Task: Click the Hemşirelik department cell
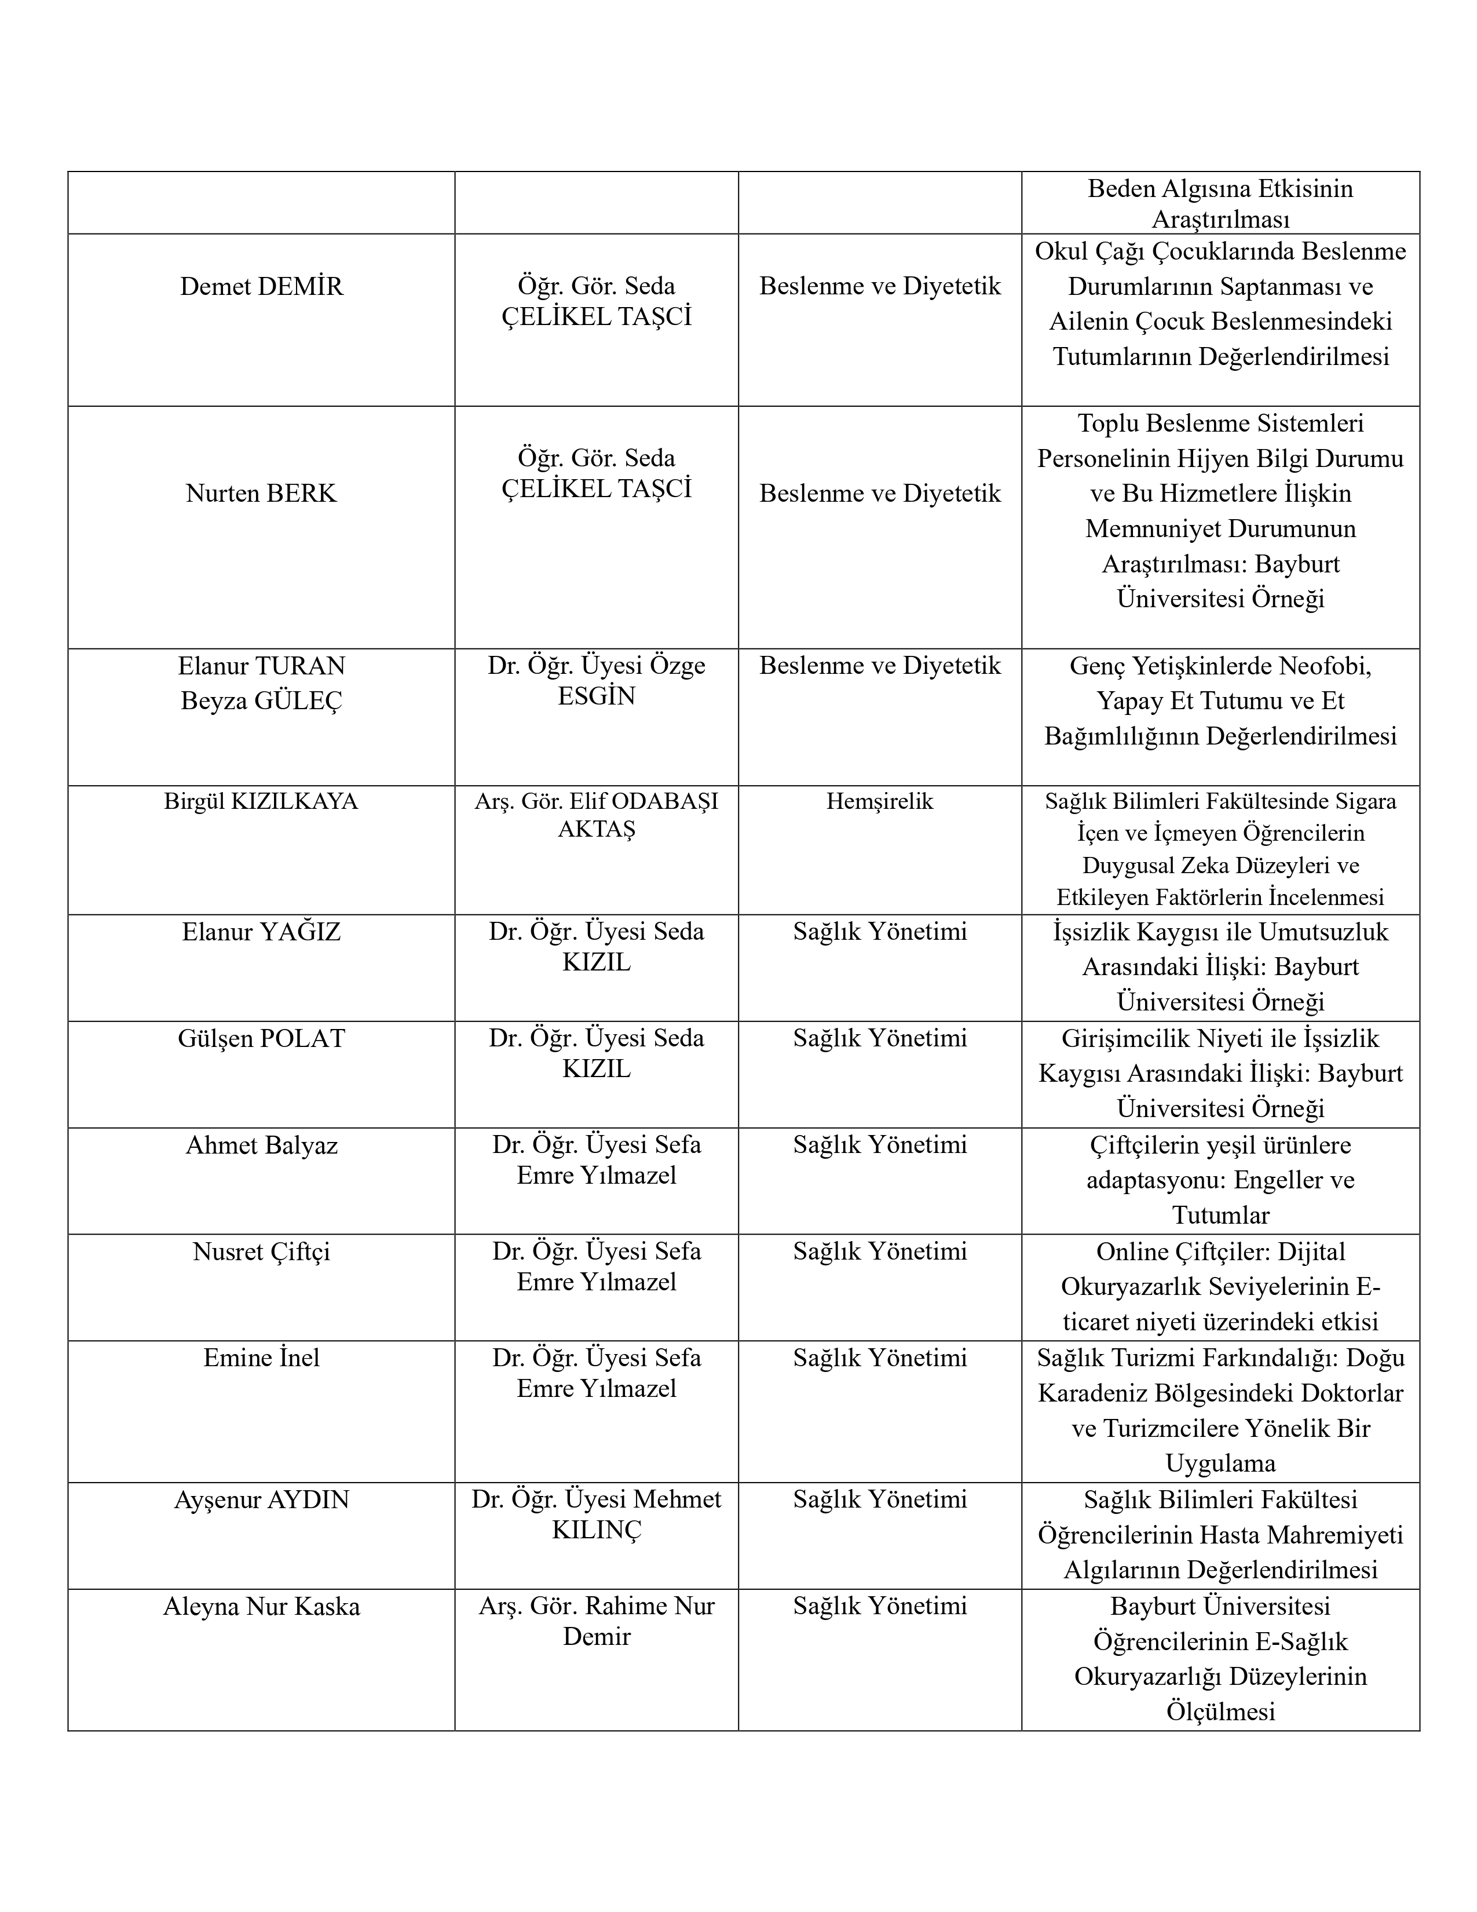879,801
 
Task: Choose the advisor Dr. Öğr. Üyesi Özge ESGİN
596,681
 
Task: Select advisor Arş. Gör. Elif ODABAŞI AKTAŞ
596,815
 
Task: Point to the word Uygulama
1220,1463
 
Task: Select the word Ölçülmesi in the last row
1220,1712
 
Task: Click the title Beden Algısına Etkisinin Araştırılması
1220,203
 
